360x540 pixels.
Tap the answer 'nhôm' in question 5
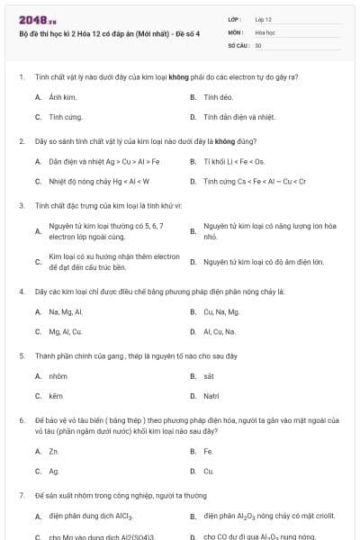pos(58,376)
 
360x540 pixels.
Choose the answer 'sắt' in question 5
pos(209,376)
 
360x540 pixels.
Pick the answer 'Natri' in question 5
pos(211,396)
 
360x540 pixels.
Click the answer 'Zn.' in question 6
pos(54,451)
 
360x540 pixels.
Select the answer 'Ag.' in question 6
pos(54,471)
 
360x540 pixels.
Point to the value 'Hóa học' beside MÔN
pos(265,31)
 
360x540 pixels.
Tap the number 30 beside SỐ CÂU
pos(258,44)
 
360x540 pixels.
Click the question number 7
pos(21,496)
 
